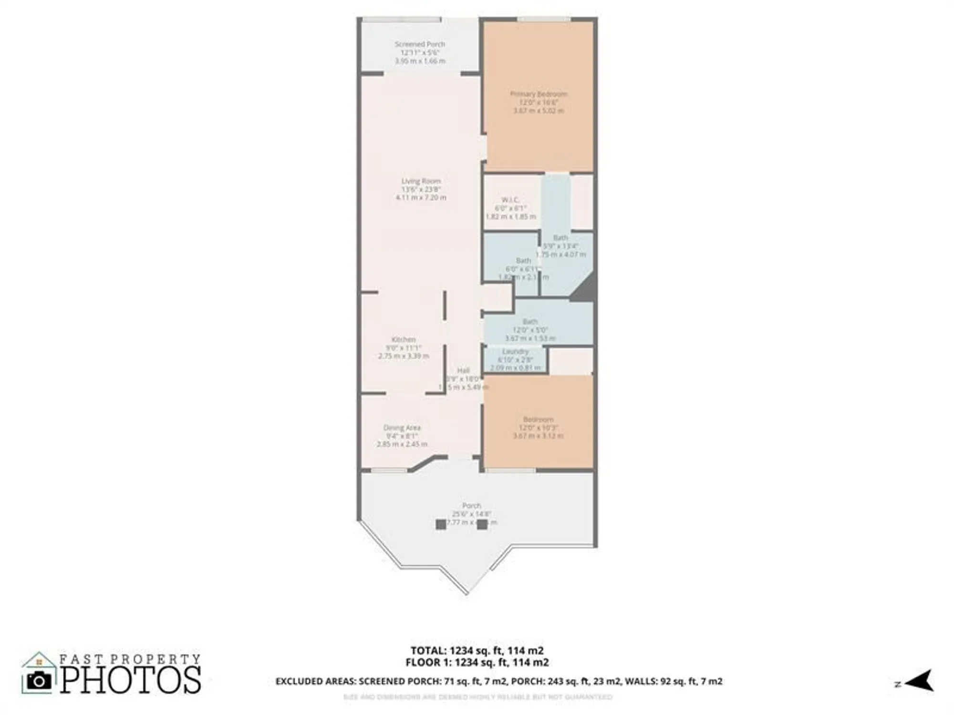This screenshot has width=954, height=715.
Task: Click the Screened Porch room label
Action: point(420,44)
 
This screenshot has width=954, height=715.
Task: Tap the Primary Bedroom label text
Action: point(539,94)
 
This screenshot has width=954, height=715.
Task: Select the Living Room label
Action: point(421,181)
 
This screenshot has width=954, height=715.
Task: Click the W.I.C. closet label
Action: point(510,200)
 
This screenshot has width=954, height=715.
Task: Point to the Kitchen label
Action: point(404,339)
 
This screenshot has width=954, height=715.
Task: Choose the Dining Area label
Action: point(402,428)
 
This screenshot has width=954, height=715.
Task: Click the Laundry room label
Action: point(515,351)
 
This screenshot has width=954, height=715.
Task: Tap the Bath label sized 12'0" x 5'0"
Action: point(530,322)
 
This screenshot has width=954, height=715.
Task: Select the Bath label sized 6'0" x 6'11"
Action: point(523,261)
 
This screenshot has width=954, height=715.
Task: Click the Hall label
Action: point(463,370)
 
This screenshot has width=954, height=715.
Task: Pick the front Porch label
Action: point(471,505)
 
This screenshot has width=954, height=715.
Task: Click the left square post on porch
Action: point(441,524)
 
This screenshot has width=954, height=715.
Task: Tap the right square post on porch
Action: point(482,524)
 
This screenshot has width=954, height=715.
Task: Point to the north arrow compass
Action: point(918,680)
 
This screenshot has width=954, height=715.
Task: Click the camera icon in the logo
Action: point(39,680)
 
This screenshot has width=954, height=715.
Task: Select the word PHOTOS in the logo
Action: point(130,680)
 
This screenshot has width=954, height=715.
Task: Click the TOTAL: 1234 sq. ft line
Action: point(477,650)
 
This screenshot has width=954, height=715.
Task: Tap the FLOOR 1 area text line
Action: point(477,662)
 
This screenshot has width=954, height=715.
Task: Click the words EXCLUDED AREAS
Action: point(315,681)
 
